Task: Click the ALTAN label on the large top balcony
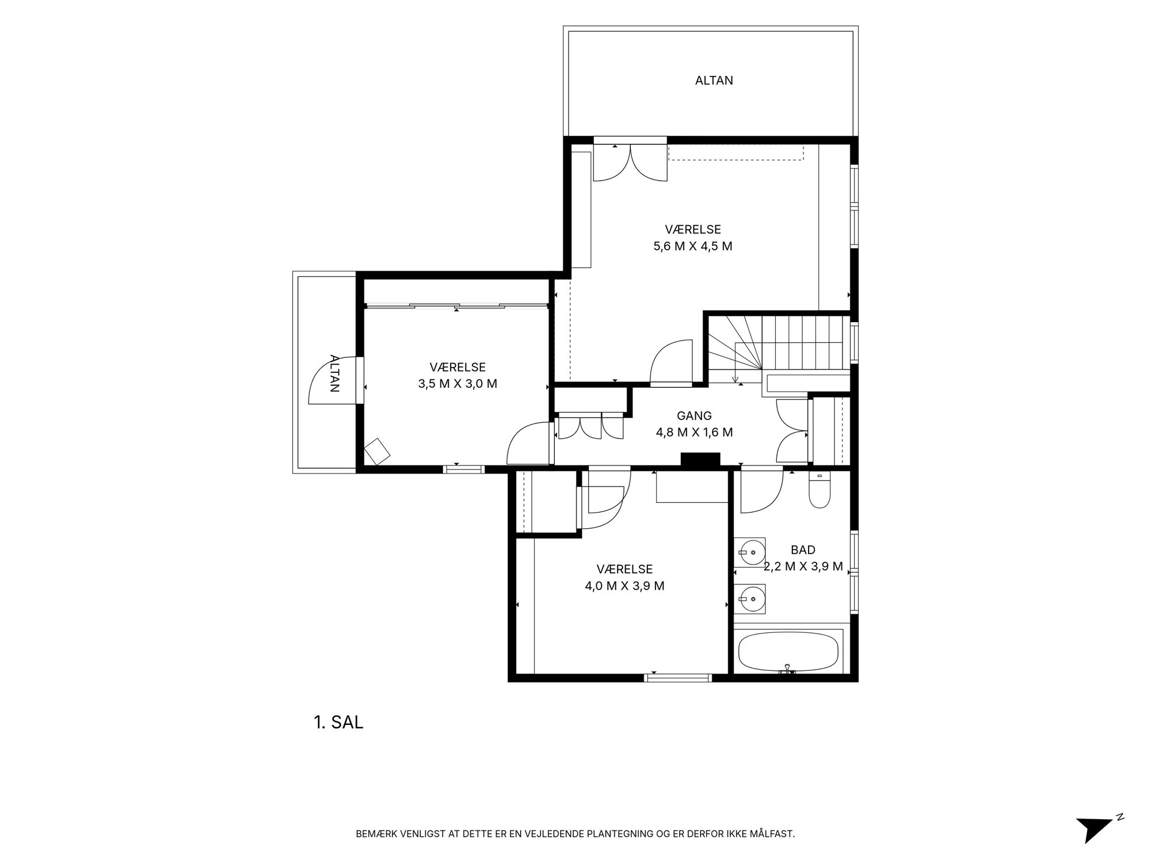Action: click(714, 81)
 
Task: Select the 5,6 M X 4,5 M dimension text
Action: click(693, 246)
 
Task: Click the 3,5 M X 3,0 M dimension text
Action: click(458, 384)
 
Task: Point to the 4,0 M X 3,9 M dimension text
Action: click(624, 586)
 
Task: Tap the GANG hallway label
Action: click(694, 415)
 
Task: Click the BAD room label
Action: click(803, 550)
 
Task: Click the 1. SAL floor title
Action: click(338, 723)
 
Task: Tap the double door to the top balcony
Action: click(630, 162)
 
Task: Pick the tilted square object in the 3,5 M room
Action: click(377, 451)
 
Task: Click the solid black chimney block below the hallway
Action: click(700, 459)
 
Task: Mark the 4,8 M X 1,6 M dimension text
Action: click(694, 432)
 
